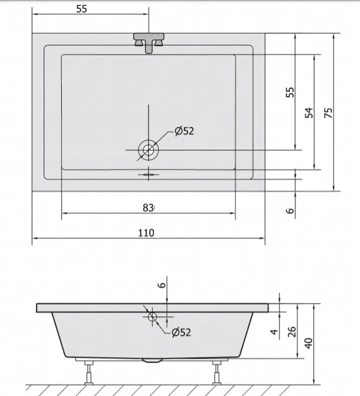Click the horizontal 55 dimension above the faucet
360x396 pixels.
81,9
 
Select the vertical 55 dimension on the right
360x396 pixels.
290,92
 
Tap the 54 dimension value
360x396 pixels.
308,113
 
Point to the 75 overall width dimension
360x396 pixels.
328,113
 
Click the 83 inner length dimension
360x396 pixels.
148,208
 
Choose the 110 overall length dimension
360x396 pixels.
146,233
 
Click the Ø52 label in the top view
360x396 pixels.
184,131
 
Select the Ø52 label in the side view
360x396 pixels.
181,332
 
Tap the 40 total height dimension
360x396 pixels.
308,343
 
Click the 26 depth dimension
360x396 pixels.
291,332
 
